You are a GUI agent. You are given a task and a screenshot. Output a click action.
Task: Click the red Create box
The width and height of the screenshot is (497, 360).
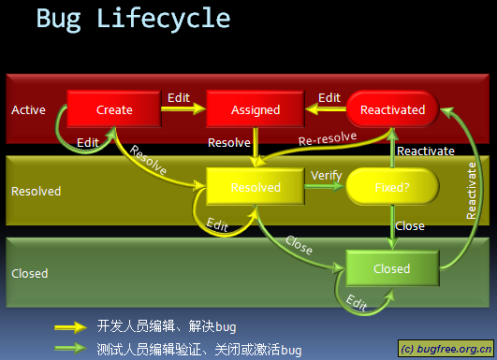point(114,109)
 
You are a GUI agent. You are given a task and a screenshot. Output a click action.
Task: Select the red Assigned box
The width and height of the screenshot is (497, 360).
point(256,109)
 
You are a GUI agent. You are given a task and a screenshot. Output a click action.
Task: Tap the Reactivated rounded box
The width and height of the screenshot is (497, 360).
point(392,109)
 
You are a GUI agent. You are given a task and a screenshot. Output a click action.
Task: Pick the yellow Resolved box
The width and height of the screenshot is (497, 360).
point(256,187)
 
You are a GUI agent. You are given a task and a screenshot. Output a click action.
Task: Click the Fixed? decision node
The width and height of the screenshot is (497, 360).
point(392,187)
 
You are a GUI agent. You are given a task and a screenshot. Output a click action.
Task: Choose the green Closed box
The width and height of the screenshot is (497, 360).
point(391,268)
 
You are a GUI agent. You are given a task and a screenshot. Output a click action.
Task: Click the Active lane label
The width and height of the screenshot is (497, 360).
point(28,110)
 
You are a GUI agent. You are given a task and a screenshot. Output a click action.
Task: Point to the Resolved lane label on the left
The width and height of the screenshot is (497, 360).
point(36,192)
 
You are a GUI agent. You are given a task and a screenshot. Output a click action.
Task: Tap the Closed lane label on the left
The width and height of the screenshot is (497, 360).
point(29,274)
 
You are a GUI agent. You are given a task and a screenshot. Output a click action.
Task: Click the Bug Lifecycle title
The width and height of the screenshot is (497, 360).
point(132,19)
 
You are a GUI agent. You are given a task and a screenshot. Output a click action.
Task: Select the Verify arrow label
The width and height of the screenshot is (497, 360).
point(325,175)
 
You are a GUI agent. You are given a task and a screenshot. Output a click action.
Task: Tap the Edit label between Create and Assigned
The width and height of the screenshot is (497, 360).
point(178,97)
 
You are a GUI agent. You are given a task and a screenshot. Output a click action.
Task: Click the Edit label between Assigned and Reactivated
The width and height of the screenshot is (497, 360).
point(329,97)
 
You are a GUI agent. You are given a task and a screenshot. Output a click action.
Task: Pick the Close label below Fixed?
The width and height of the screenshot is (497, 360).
point(410,225)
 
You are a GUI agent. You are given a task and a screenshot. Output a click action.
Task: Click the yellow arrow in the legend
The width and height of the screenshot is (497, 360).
point(71,327)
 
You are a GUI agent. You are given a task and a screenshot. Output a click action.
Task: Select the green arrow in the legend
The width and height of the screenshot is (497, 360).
point(71,349)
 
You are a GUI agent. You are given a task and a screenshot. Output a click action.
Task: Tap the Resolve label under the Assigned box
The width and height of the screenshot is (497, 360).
point(228,143)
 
